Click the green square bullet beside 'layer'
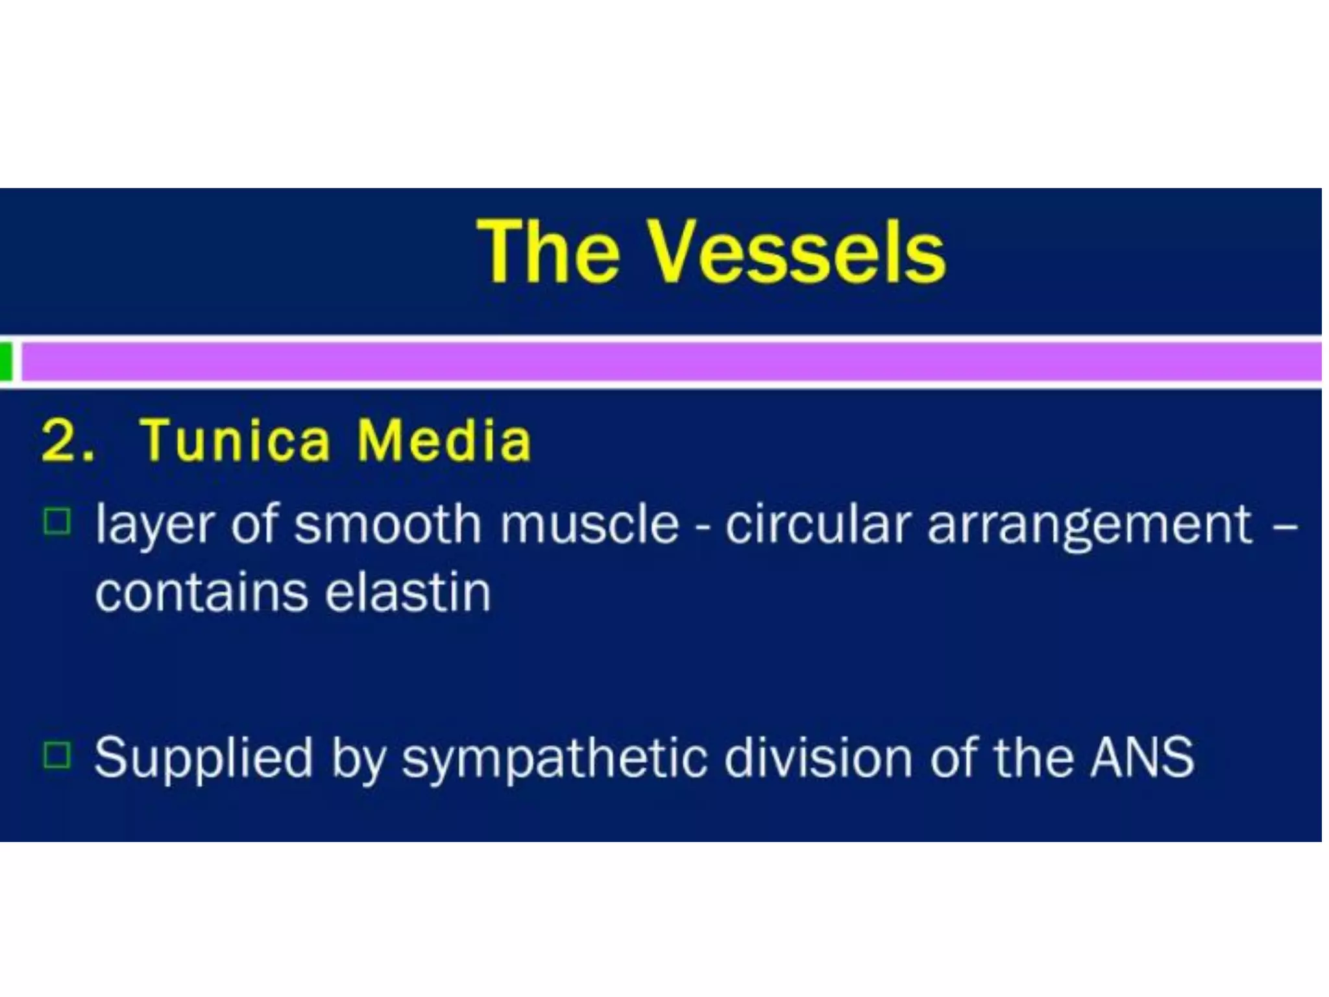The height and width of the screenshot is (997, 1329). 57,521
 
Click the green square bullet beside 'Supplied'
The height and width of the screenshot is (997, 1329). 57,755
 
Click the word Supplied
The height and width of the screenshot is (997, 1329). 204,758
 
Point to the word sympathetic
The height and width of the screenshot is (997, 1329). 554,758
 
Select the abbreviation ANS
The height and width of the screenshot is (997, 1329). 1142,757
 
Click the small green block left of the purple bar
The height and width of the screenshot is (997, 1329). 6,362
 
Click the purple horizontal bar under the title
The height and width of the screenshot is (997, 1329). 668,362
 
